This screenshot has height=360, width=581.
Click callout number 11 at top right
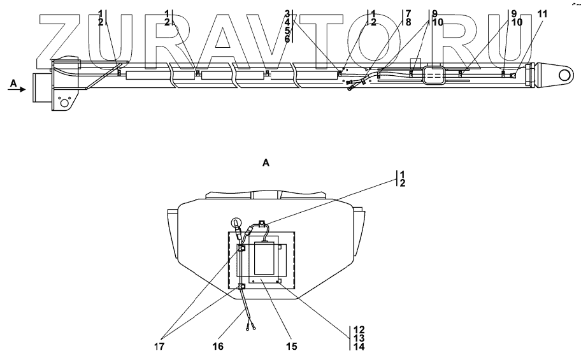coord(542,13)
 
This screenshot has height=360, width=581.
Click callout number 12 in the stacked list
coord(359,330)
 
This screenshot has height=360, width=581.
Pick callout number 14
coord(359,347)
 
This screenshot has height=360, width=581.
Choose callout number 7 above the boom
coord(408,13)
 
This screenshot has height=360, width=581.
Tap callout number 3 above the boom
coord(287,13)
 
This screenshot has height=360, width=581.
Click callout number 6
coord(287,40)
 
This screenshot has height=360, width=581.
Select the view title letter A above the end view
coord(266,163)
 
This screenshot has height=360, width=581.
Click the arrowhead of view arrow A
coord(25,90)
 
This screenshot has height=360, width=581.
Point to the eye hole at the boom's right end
coord(564,75)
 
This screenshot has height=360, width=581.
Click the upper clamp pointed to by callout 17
coord(242,248)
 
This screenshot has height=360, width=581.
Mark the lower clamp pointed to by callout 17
coord(242,287)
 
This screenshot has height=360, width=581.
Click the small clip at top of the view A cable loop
coord(262,223)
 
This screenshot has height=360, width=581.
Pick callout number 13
coord(359,338)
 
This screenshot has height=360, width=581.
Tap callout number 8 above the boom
coord(408,22)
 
